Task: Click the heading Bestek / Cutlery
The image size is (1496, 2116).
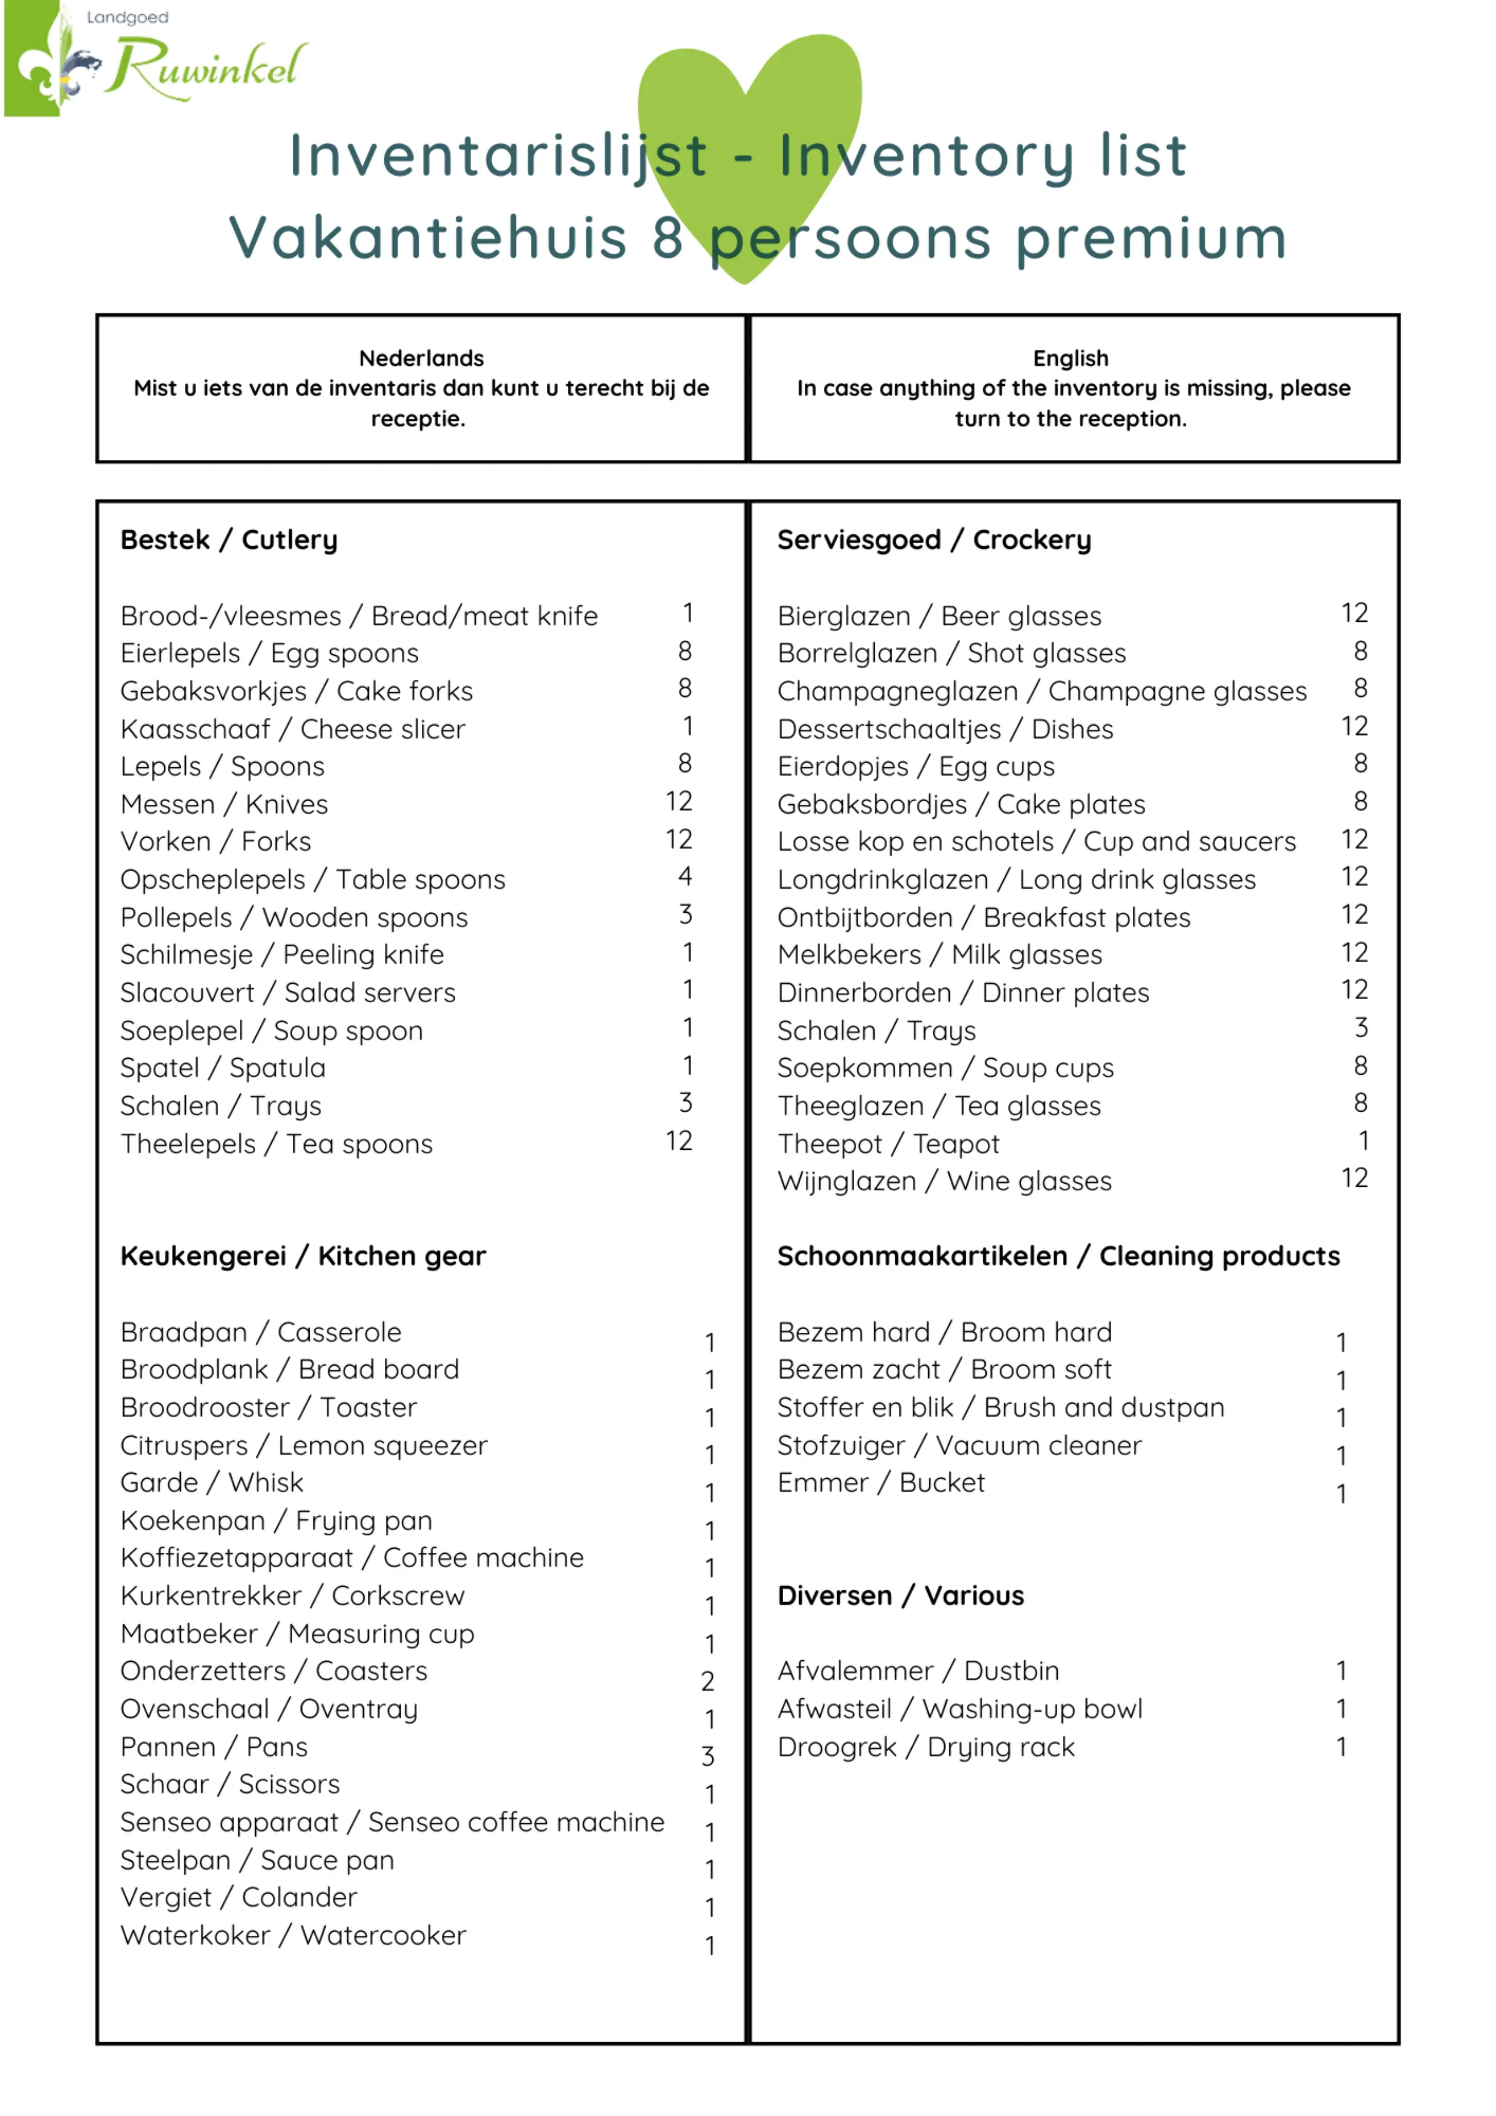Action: tap(229, 540)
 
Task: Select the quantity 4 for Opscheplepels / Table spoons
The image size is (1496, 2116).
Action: tap(685, 876)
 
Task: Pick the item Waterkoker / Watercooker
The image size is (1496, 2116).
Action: tap(293, 1935)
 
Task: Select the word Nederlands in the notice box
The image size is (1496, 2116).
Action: tap(421, 358)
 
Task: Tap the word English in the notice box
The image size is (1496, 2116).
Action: tap(1070, 358)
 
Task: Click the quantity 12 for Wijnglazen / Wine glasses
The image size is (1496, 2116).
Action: tap(1353, 1178)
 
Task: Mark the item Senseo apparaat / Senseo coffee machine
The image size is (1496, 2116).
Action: tap(392, 1822)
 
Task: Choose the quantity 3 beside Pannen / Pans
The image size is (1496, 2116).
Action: tap(707, 1756)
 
